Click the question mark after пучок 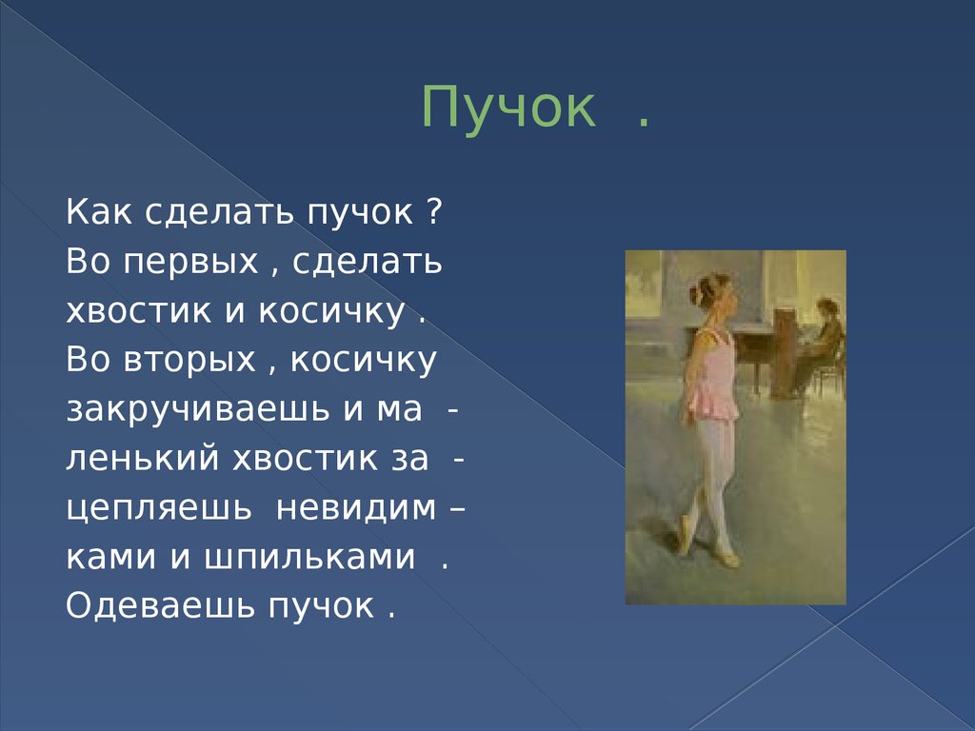coord(432,210)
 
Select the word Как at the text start coord(100,210)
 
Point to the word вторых coord(190,360)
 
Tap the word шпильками coord(309,557)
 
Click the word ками coord(109,557)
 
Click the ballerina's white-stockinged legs coord(710,476)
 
